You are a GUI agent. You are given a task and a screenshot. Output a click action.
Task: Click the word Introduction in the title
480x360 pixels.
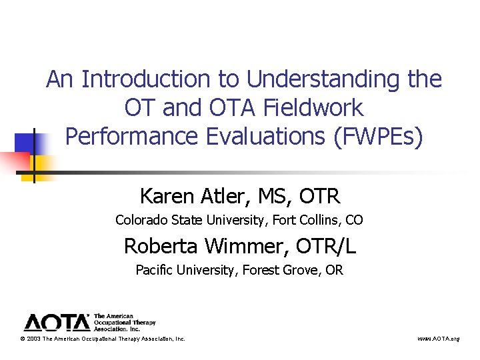click(147, 80)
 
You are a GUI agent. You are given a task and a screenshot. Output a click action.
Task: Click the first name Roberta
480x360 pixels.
click(161, 246)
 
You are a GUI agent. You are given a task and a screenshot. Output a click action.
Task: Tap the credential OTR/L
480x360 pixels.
click(325, 246)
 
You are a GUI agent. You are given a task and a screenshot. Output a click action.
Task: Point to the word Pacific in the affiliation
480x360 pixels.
click(153, 270)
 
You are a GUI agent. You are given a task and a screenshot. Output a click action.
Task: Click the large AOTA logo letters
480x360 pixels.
click(57, 323)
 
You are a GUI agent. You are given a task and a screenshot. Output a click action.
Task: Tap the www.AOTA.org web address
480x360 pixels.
click(438, 339)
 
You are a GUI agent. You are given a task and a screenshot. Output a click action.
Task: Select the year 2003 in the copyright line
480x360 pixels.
click(34, 339)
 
